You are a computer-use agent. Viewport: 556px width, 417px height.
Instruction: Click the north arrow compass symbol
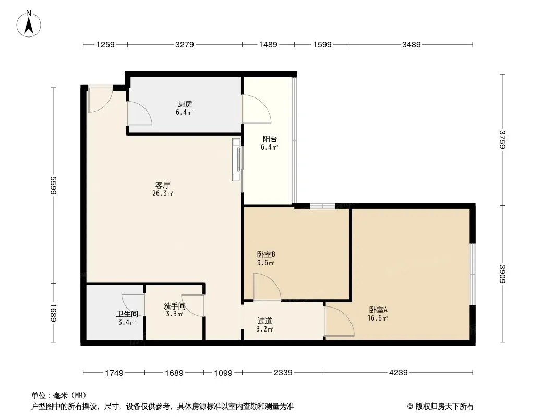click(x=29, y=23)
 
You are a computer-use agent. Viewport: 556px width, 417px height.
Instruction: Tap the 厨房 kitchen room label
click(x=185, y=104)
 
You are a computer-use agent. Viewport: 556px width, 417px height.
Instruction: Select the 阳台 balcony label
click(x=270, y=139)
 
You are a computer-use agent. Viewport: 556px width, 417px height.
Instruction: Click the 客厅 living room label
click(x=162, y=185)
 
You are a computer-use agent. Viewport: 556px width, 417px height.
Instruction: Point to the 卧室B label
click(x=266, y=254)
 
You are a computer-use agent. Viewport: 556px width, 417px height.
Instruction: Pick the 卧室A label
click(x=378, y=310)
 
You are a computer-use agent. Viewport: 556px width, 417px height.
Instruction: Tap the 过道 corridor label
click(x=264, y=321)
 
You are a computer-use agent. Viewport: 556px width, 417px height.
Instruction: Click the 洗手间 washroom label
click(x=174, y=306)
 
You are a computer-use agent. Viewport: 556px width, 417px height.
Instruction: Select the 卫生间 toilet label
click(x=127, y=314)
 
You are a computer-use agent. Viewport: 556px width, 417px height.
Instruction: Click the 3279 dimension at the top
click(x=185, y=45)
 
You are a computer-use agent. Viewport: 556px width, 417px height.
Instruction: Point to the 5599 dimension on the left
click(x=54, y=185)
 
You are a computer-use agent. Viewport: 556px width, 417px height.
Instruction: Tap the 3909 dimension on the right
click(x=502, y=274)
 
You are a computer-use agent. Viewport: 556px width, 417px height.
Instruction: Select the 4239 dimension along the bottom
click(x=398, y=372)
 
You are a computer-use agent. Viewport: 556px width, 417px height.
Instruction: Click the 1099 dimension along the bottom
click(x=223, y=373)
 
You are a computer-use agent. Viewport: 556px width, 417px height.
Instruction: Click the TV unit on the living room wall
click(x=237, y=160)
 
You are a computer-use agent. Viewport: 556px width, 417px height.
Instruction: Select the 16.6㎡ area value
click(x=378, y=318)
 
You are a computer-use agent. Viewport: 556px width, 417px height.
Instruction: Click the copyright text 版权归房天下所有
click(x=444, y=407)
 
